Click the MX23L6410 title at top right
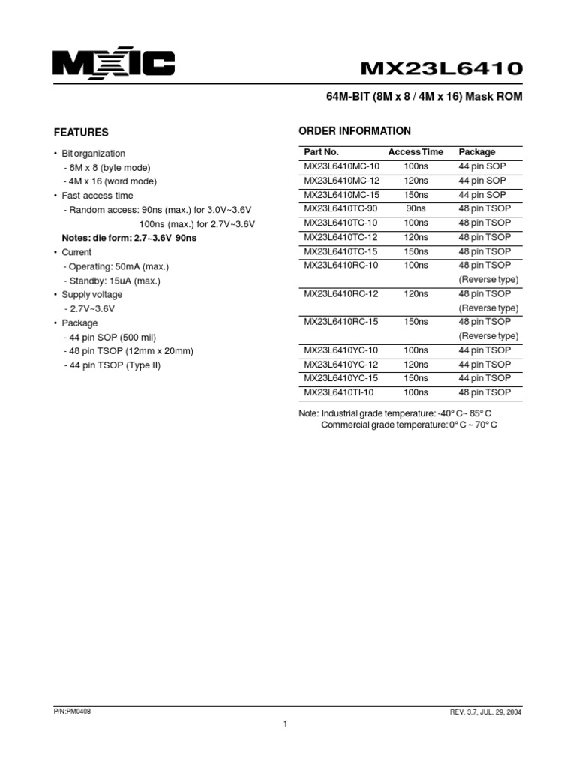(x=442, y=68)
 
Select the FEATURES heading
(x=81, y=133)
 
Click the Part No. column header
(x=322, y=152)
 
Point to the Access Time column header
(x=415, y=152)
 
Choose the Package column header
(x=477, y=152)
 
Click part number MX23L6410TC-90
(x=340, y=209)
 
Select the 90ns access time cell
(x=415, y=209)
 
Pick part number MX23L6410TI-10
(x=339, y=392)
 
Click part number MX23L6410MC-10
(x=341, y=166)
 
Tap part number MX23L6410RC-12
(x=341, y=294)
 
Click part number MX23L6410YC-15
(x=341, y=378)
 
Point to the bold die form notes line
(x=129, y=238)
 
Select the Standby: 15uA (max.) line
(x=112, y=280)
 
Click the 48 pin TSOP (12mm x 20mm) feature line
(x=129, y=351)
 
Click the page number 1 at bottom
(x=286, y=724)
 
